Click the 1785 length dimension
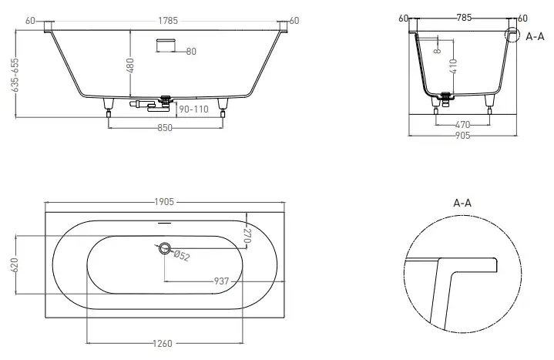(168, 21)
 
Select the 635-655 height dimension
(15, 75)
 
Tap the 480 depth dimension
(130, 66)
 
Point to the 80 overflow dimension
(191, 52)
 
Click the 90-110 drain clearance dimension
(193, 109)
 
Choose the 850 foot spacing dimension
(165, 128)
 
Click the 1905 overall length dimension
(164, 202)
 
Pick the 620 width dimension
(15, 265)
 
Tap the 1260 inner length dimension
(163, 343)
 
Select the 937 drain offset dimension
(222, 281)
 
